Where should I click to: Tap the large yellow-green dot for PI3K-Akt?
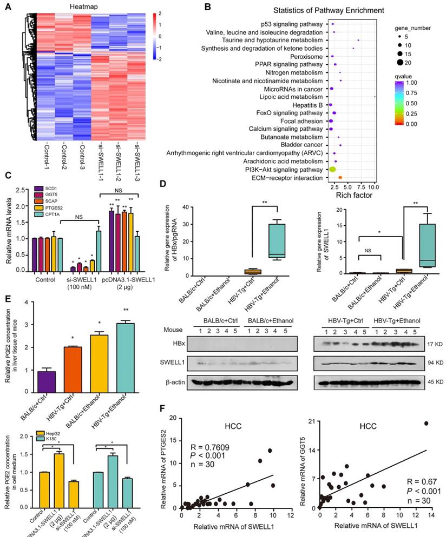pyautogui.click(x=332, y=170)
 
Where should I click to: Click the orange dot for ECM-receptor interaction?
pyautogui.click(x=340, y=177)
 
